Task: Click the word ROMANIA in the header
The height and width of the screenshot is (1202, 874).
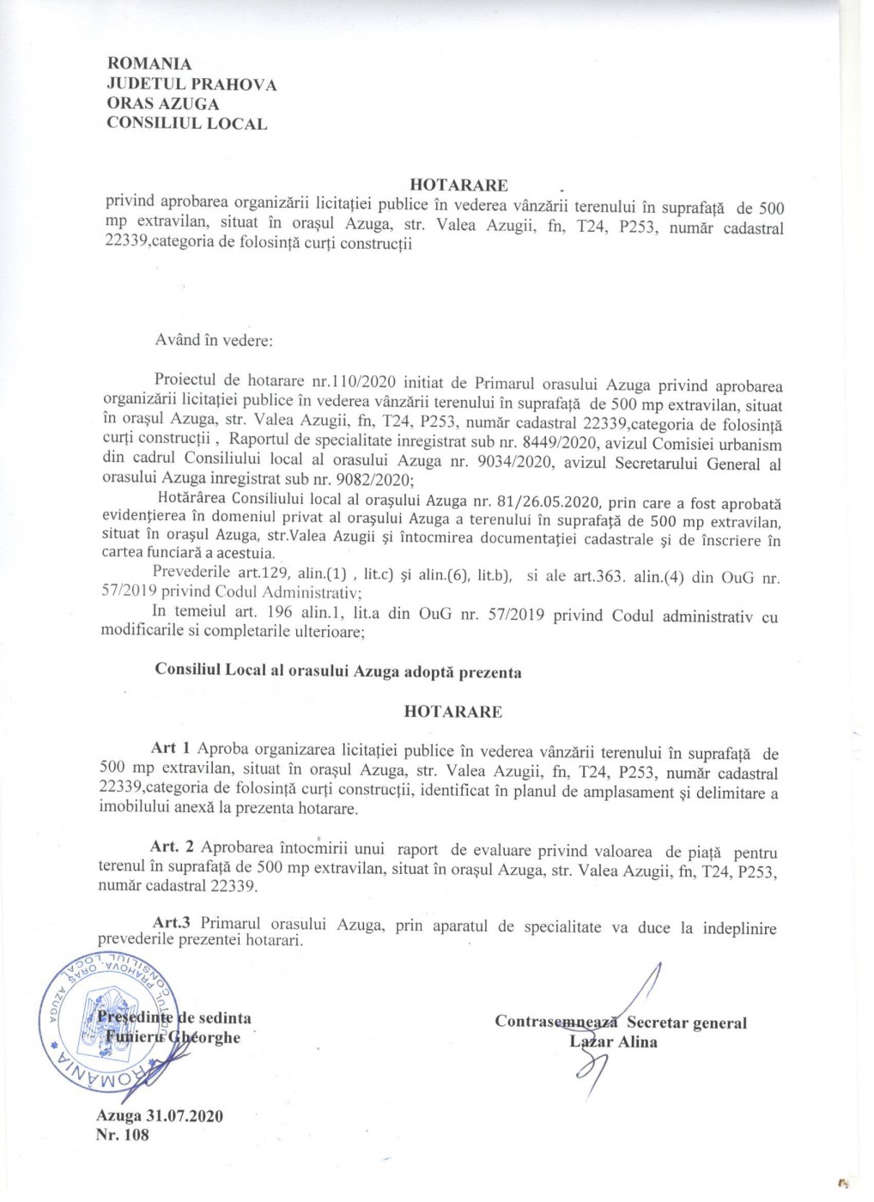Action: pyautogui.click(x=149, y=64)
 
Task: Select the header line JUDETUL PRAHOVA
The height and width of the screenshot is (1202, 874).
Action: pyautogui.click(x=191, y=84)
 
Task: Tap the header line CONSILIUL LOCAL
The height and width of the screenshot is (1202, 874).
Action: pyautogui.click(x=186, y=124)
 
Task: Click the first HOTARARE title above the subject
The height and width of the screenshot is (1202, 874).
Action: pyautogui.click(x=458, y=185)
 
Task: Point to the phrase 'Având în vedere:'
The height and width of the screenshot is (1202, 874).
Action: pyautogui.click(x=214, y=340)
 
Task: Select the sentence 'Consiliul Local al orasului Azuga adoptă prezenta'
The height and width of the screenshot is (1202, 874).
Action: pyautogui.click(x=337, y=671)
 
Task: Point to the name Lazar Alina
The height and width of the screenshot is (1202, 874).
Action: pyautogui.click(x=614, y=1042)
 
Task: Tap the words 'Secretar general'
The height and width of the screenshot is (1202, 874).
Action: pyautogui.click(x=686, y=1023)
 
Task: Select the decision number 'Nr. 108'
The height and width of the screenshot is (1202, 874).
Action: pyautogui.click(x=123, y=1135)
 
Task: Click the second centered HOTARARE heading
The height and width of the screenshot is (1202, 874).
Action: pyautogui.click(x=453, y=712)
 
